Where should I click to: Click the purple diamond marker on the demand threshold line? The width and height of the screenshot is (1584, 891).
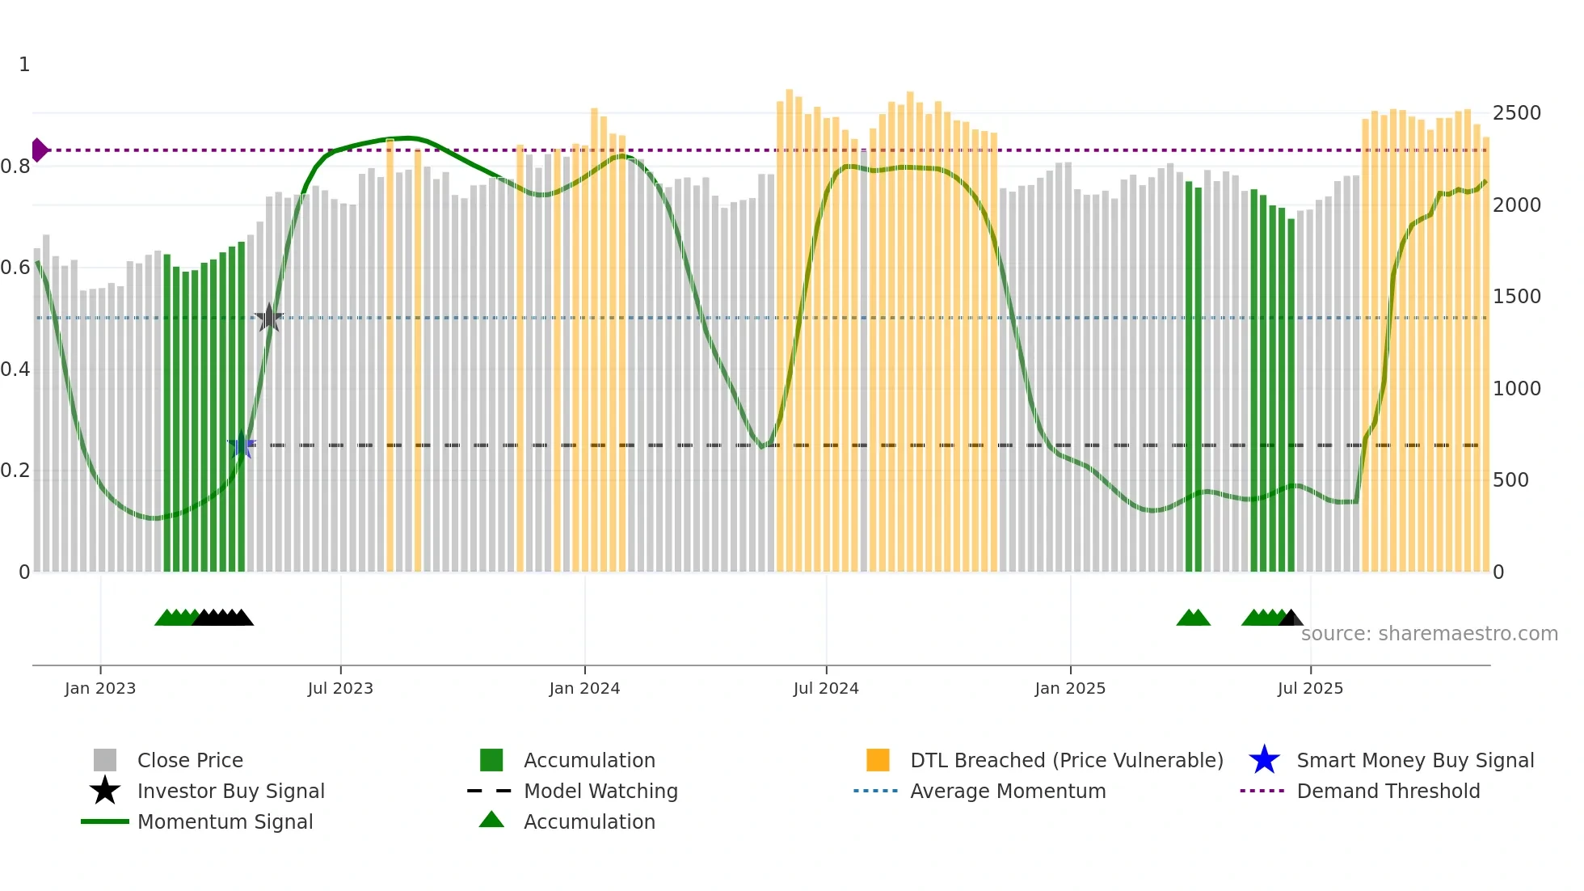pos(39,150)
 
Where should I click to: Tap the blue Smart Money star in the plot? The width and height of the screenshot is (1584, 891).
pos(242,445)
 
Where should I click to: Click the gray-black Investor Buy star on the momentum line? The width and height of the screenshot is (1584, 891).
pos(269,318)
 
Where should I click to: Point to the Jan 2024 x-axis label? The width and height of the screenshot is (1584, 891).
pos(584,688)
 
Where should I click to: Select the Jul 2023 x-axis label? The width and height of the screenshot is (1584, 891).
pos(340,688)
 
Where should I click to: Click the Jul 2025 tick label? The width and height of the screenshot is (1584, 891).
pos(1310,688)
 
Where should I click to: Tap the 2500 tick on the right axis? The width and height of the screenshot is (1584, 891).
pos(1516,113)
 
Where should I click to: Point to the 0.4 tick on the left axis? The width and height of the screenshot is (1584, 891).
pos(15,369)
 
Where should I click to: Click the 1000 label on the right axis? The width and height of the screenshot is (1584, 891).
pos(1516,389)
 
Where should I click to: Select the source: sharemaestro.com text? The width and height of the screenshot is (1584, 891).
pos(1429,634)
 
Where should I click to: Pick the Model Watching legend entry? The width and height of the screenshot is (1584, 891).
pos(600,791)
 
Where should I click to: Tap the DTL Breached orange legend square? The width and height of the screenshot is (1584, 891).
pos(878,760)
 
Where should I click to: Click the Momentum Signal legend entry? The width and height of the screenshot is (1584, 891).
pos(225,821)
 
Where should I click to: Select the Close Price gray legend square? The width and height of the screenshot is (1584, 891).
pos(105,760)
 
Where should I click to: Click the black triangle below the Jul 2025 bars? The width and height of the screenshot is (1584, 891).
pos(1291,619)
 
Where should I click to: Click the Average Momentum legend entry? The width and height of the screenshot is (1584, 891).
pos(1007,791)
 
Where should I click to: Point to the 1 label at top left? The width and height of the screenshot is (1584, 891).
pos(24,65)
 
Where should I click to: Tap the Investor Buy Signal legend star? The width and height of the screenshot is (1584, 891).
pos(105,791)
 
